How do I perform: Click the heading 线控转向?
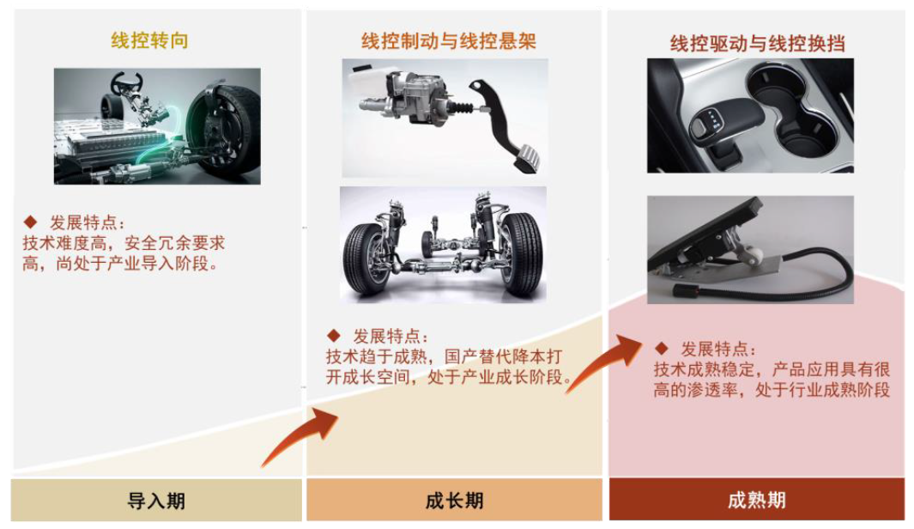pyautogui.click(x=149, y=40)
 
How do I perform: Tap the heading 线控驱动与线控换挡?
pyautogui.click(x=756, y=44)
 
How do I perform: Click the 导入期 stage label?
pyautogui.click(x=156, y=501)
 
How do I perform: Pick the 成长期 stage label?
pyautogui.click(x=454, y=501)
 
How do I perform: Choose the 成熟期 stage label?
pyautogui.click(x=756, y=501)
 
